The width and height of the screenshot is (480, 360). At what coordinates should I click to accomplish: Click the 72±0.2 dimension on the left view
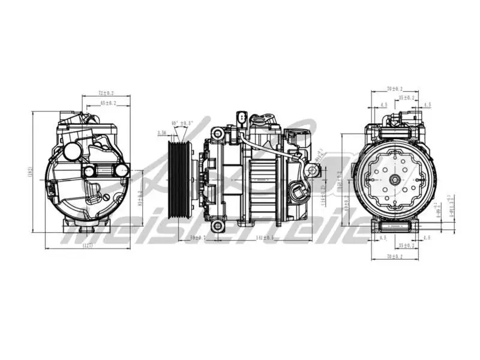[x=106, y=93]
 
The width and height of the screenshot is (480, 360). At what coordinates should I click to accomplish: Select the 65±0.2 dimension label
[x=108, y=103]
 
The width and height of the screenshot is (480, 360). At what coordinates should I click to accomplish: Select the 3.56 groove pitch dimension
[x=162, y=133]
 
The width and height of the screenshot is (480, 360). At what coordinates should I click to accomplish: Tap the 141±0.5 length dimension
[x=265, y=238]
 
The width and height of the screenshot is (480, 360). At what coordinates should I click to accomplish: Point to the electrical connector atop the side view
[x=241, y=117]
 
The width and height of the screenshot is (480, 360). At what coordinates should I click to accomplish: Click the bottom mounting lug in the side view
[x=220, y=226]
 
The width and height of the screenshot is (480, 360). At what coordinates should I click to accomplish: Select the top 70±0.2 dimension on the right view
[x=394, y=89]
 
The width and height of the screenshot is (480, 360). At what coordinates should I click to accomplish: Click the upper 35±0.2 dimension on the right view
[x=407, y=97]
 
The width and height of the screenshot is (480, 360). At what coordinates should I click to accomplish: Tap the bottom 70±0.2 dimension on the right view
[x=394, y=256]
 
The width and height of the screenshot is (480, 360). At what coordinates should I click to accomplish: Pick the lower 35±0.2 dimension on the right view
[x=407, y=245]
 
